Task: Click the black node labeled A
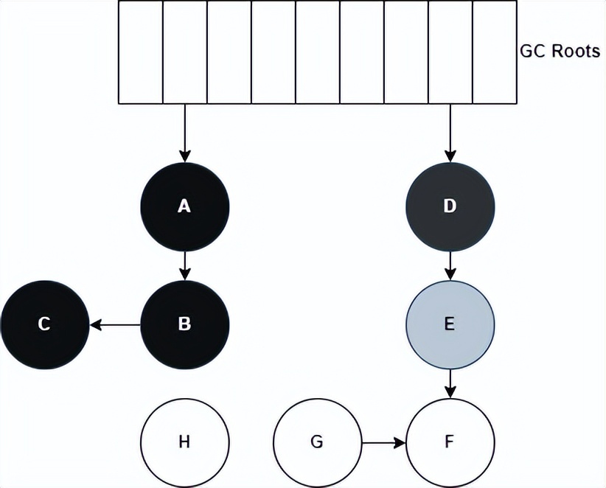(184, 206)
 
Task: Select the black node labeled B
(184, 324)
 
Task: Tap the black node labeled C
(44, 324)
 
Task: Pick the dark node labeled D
(450, 206)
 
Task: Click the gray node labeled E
(450, 324)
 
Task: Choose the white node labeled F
(450, 442)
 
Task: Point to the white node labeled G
(317, 442)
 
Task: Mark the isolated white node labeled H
(184, 442)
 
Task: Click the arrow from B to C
(115, 324)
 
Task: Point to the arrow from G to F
(383, 443)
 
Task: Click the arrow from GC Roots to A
(184, 133)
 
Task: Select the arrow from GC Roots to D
(450, 133)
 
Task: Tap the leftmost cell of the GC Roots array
(140, 52)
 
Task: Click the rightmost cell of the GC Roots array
(494, 52)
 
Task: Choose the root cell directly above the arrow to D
(450, 52)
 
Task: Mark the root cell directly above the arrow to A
(184, 52)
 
